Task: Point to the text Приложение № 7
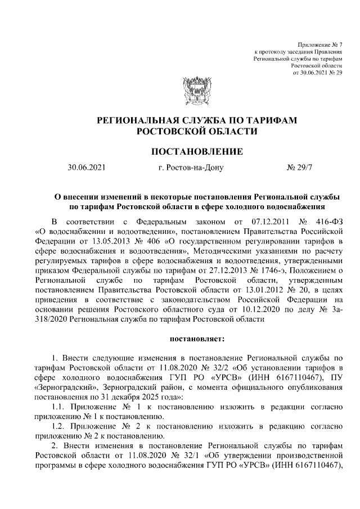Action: point(319,44)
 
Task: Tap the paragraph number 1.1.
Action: point(58,407)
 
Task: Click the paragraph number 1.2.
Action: point(58,427)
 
